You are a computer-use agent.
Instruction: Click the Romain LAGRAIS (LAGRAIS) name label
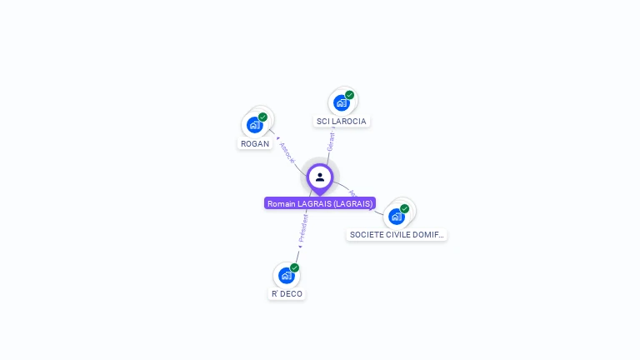click(320, 203)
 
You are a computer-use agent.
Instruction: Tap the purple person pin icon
click(320, 177)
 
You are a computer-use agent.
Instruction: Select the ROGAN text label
click(255, 143)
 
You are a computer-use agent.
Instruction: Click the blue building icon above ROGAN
click(255, 125)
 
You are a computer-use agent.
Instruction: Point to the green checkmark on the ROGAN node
click(262, 117)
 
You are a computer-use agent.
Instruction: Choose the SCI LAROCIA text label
click(342, 121)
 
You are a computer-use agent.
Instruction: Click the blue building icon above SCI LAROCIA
click(341, 102)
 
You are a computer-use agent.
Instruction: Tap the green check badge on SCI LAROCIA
click(349, 95)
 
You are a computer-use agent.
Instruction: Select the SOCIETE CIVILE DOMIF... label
click(397, 235)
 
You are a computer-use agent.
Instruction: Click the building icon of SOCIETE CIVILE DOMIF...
click(397, 216)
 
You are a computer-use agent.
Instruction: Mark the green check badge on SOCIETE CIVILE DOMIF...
click(404, 208)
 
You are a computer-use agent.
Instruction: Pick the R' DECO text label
click(287, 294)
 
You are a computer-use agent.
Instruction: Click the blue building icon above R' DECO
click(287, 275)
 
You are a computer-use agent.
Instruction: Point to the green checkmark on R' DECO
click(294, 267)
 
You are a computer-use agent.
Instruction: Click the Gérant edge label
click(331, 142)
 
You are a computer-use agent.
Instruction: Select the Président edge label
click(303, 227)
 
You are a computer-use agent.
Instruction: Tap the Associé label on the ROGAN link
click(287, 152)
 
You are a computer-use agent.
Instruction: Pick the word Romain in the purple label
click(282, 203)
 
